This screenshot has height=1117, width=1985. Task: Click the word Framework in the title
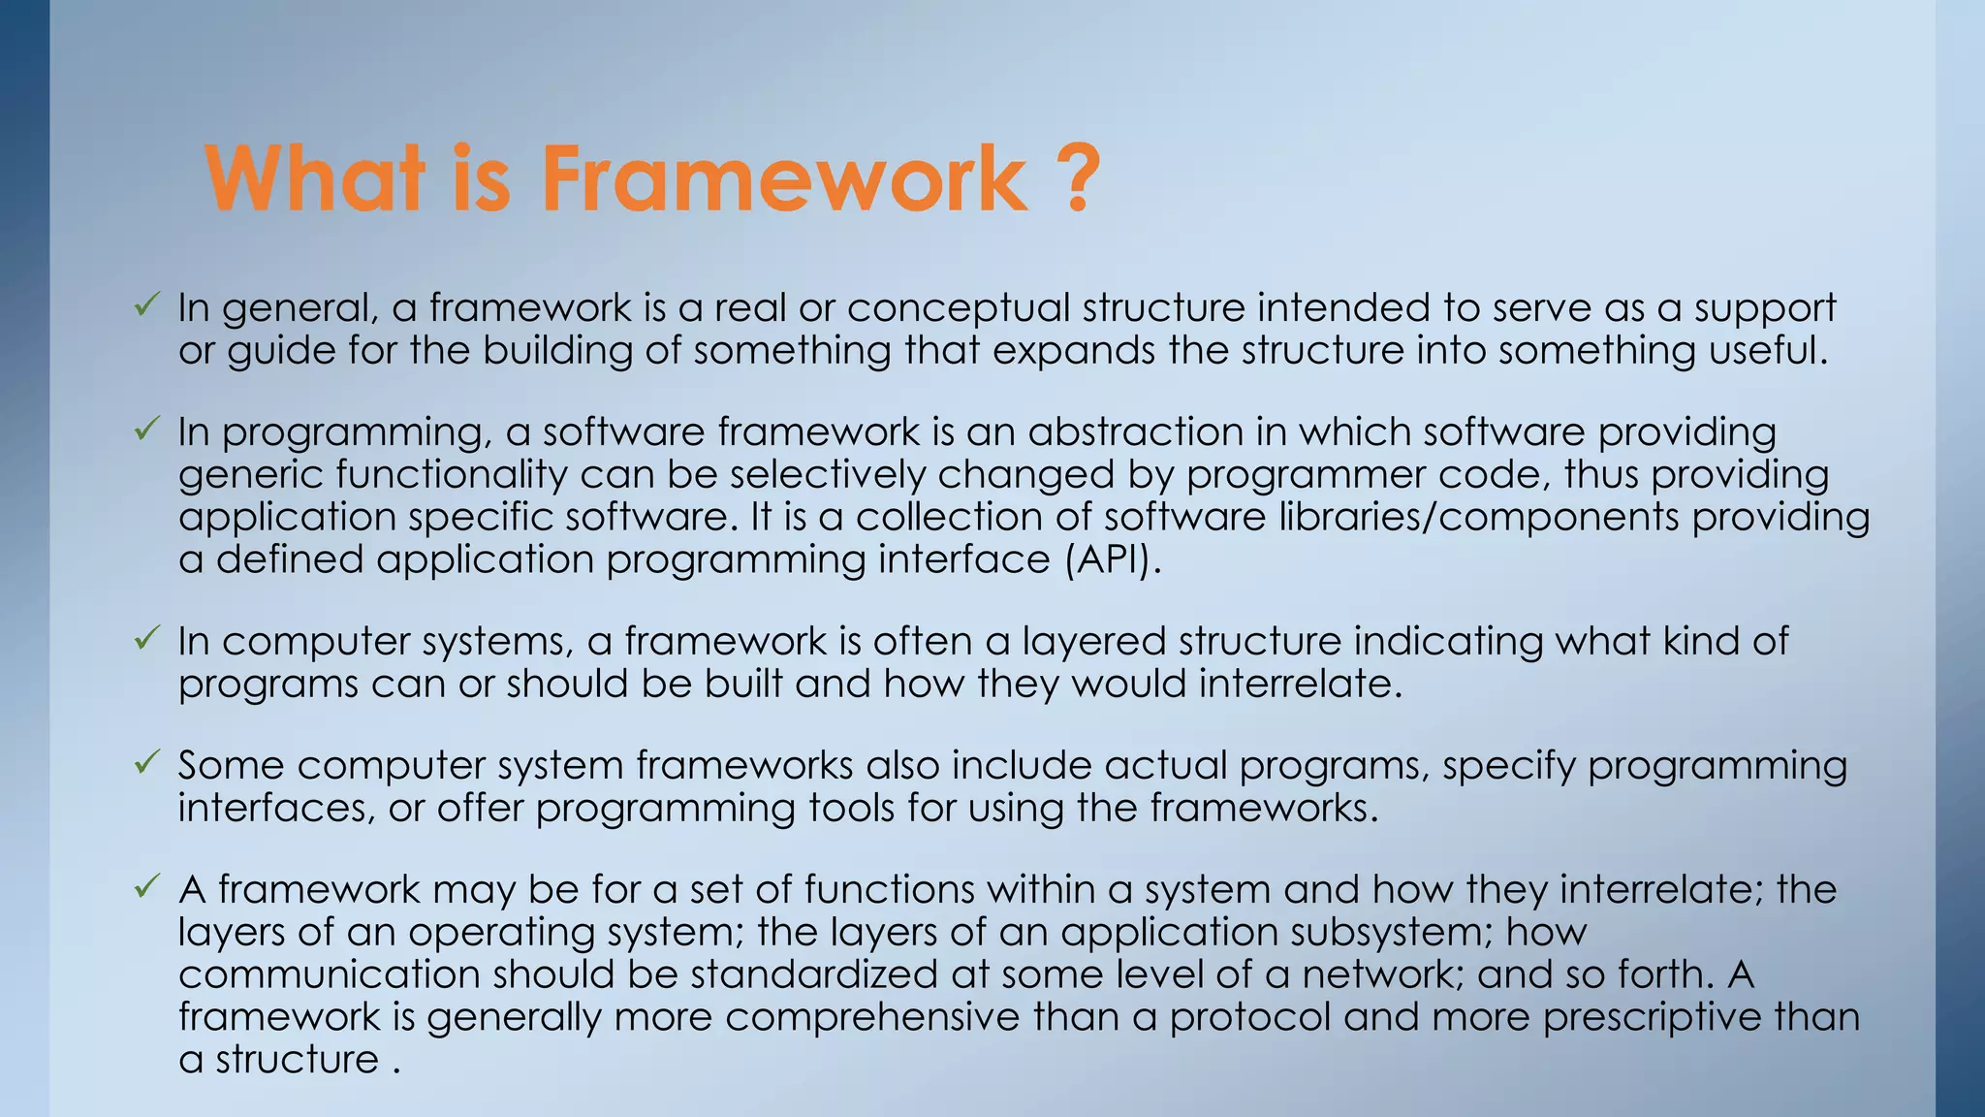click(783, 179)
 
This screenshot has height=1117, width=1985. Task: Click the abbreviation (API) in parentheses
click(1112, 559)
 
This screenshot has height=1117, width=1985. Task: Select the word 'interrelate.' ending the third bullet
click(1301, 684)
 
